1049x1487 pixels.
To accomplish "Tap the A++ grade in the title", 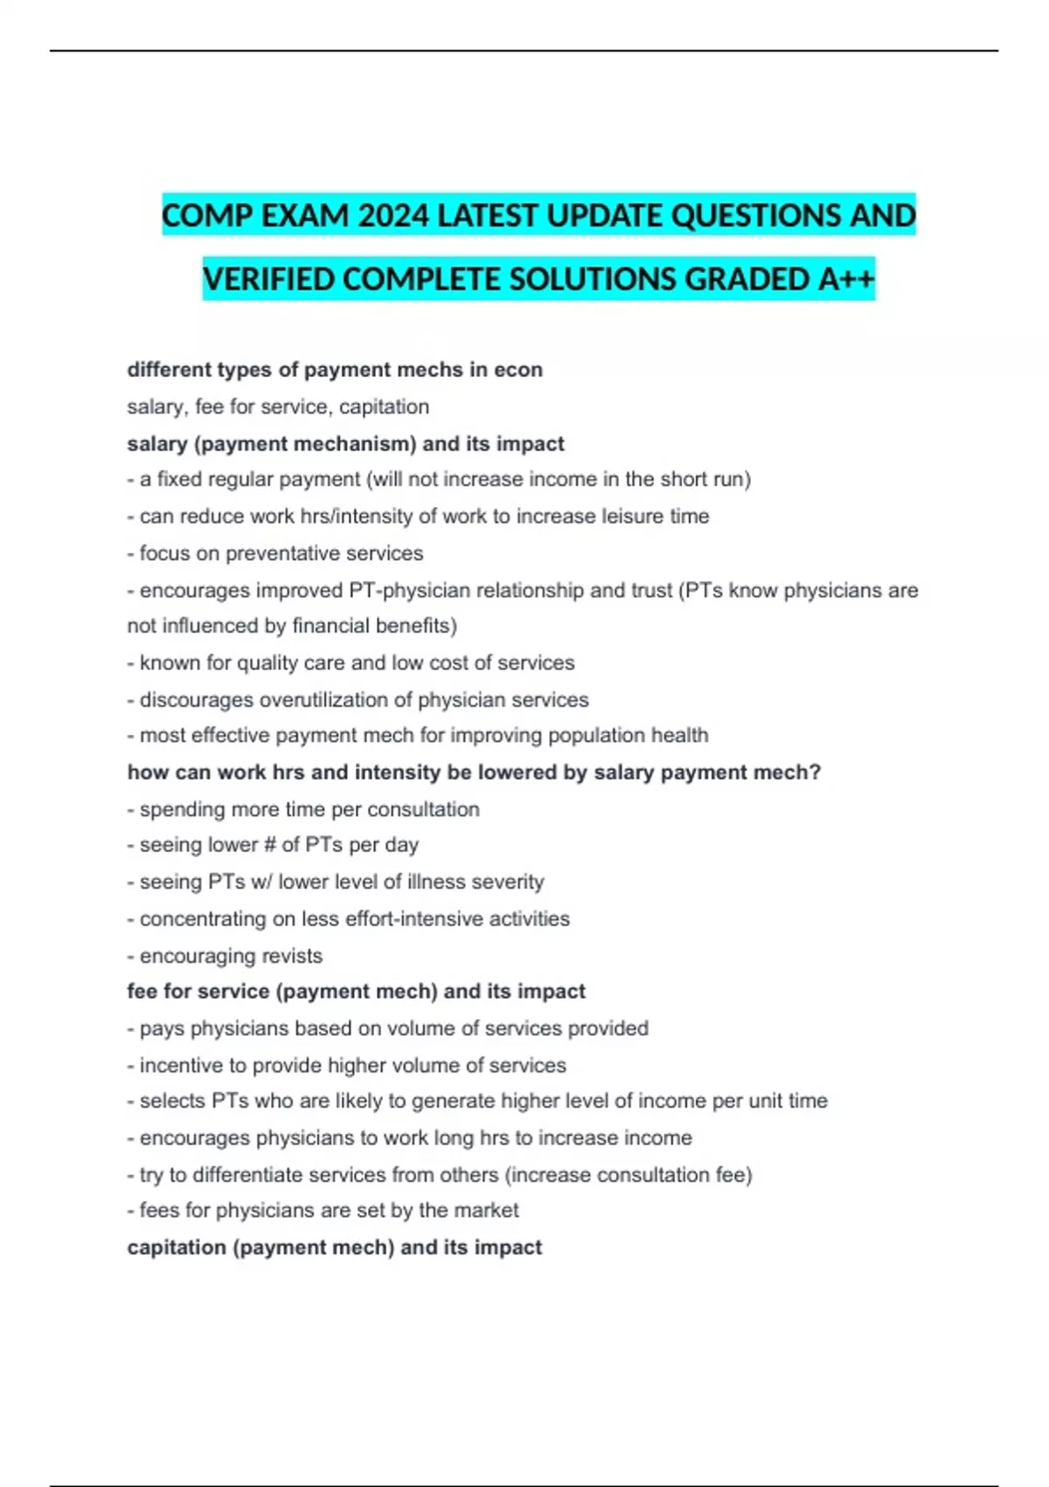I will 846,279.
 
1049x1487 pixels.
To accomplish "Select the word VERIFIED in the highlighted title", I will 268,279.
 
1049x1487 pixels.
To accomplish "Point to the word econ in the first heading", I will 518,370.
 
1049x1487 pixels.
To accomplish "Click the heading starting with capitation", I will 334,1247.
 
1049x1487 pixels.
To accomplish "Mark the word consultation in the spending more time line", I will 423,809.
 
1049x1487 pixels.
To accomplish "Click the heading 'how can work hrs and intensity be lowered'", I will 474,772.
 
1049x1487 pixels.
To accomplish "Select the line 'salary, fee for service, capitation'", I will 278,407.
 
